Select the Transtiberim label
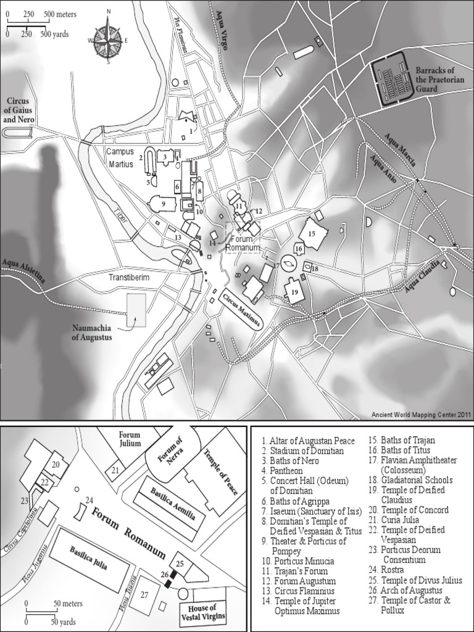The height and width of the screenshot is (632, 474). point(130,278)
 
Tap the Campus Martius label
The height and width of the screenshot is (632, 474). point(121,158)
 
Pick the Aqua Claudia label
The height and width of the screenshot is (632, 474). point(423,275)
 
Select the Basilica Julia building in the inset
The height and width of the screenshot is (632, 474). point(89,559)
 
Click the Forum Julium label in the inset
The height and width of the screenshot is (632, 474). point(130,438)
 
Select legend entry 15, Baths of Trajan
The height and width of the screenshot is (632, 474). point(401,441)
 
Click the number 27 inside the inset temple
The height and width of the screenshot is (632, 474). point(144,594)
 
